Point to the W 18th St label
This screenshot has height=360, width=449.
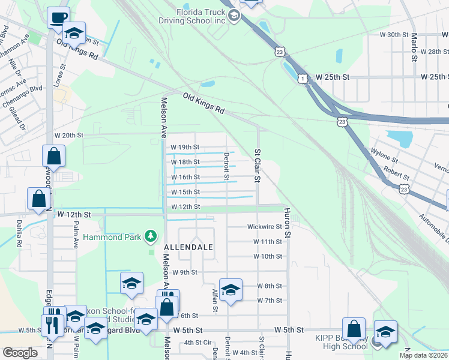pos(185,162)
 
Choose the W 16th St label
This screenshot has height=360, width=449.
pos(185,177)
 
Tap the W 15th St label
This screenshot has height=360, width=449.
pos(185,192)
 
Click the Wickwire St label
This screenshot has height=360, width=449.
pos(265,227)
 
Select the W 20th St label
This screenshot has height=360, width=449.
pos(68,136)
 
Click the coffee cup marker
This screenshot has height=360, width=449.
pos(58,17)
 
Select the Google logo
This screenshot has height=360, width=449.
pos(20,353)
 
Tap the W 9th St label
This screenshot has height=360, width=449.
pos(185,272)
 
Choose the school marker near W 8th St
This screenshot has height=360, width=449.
pos(231,290)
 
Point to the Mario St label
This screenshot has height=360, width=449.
pos(414,47)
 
